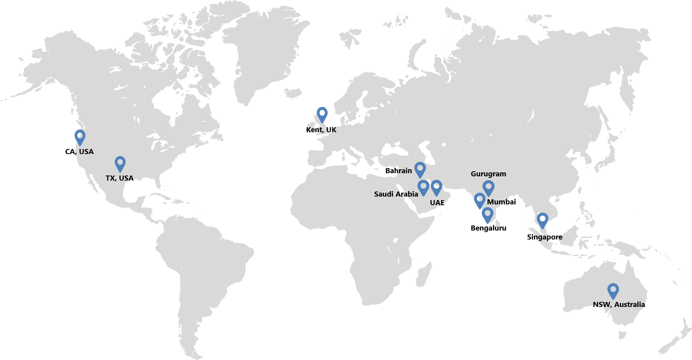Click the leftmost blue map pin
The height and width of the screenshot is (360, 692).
(x=80, y=137)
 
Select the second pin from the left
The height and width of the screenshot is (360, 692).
(x=120, y=164)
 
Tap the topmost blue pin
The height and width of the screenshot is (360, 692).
(x=322, y=115)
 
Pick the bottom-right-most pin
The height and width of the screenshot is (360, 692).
(x=613, y=291)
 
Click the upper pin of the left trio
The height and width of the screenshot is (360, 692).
(x=420, y=170)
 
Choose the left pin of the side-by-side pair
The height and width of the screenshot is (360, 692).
(x=423, y=188)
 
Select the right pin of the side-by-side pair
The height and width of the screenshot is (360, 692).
(x=436, y=188)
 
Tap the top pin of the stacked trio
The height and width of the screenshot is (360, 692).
(x=488, y=188)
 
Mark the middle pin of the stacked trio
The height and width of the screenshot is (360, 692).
(x=480, y=200)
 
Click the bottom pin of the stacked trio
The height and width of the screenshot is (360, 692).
(x=488, y=215)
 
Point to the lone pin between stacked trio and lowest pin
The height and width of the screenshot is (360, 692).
(x=543, y=220)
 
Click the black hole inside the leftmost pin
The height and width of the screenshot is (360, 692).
(x=80, y=135)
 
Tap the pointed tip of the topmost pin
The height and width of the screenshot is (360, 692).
(x=322, y=123)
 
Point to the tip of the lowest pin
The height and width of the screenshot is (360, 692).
(x=613, y=299)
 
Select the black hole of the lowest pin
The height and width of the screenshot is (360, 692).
(x=613, y=289)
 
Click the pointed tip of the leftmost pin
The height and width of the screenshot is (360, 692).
(x=80, y=145)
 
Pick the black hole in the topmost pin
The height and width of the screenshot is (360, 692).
(x=322, y=113)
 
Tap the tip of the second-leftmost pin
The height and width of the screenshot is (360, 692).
(x=120, y=172)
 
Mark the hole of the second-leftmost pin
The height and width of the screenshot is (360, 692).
(x=120, y=162)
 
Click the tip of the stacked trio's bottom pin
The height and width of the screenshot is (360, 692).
(x=488, y=223)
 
